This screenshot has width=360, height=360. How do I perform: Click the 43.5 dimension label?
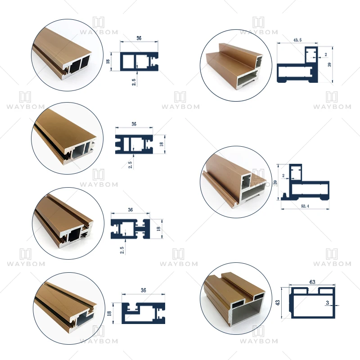[297, 40]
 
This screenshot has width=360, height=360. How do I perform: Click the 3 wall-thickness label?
[328, 303]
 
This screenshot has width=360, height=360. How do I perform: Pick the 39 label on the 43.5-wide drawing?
[329, 64]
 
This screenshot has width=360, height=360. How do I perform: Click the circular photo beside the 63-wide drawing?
[236, 300]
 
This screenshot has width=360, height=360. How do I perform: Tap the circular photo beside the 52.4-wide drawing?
[235, 182]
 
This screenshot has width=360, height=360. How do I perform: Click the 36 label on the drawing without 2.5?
[144, 291]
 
